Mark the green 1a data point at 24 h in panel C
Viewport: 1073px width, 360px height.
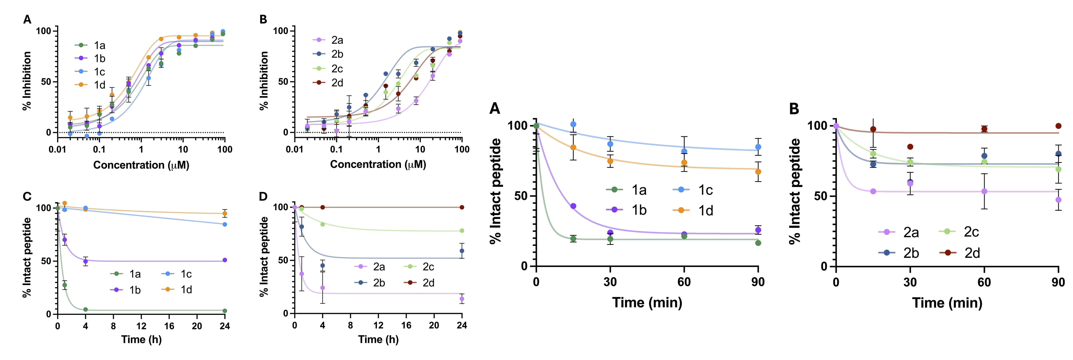pos(225,311)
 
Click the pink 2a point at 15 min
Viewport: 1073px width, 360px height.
pos(873,191)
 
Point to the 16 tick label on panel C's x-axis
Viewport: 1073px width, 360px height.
pos(169,326)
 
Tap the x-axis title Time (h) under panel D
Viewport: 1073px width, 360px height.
pos(378,340)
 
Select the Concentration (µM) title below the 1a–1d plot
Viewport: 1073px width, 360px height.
pos(141,165)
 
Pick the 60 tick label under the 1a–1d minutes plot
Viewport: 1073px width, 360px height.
pos(684,283)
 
